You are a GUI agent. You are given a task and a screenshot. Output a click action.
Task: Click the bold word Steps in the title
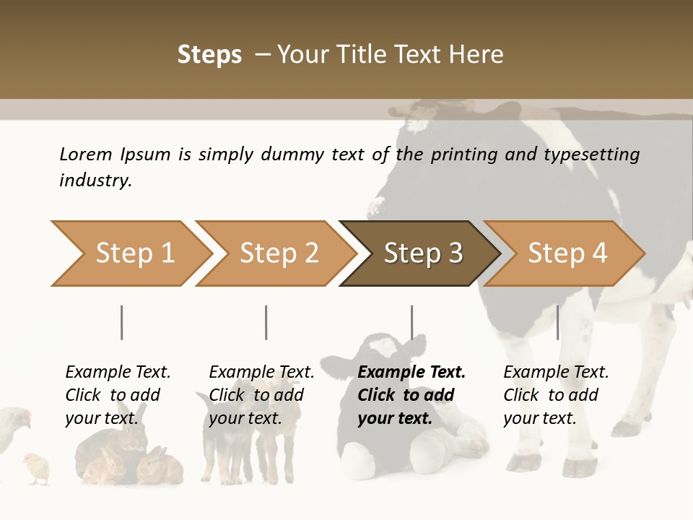(209, 55)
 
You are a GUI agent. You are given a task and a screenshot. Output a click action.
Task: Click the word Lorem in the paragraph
(85, 154)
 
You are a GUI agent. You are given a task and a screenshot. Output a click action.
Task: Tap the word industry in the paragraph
(95, 180)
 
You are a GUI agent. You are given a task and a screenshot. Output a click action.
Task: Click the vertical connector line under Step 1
(122, 322)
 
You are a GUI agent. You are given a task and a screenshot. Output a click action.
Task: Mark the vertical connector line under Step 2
(266, 322)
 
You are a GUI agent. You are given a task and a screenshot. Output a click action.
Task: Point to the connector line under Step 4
(557, 322)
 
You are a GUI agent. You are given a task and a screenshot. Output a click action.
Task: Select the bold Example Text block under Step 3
(411, 395)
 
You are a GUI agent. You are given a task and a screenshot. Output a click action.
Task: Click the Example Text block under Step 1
(117, 395)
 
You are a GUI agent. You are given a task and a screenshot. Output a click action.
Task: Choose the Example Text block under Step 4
(555, 395)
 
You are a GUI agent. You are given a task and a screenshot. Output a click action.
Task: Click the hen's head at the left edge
(22, 417)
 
